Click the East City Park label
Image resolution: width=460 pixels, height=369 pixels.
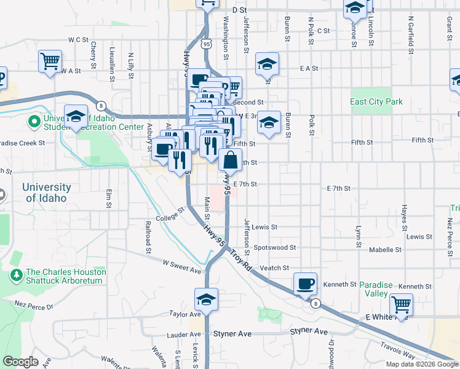click(x=376, y=101)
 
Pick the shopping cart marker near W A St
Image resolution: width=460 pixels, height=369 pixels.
click(x=50, y=62)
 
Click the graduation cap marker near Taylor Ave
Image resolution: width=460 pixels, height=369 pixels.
click(x=207, y=300)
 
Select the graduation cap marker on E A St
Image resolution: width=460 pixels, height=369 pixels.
click(x=268, y=65)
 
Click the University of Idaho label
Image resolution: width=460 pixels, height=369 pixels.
click(x=47, y=192)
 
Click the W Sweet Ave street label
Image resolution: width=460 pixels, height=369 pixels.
click(x=182, y=266)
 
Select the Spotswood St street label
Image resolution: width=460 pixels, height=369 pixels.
click(x=275, y=247)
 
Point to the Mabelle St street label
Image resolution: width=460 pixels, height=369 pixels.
click(x=385, y=250)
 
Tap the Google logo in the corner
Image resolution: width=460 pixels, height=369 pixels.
click(x=20, y=362)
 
